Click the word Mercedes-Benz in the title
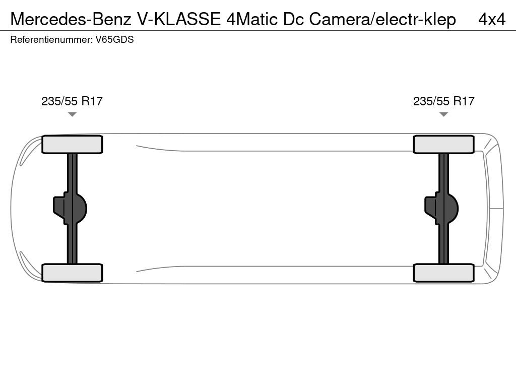tap(71, 20)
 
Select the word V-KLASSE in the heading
tap(179, 20)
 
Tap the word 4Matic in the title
tap(252, 20)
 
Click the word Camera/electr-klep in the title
tap(382, 20)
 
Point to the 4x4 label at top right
tap(492, 20)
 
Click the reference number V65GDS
tap(114, 40)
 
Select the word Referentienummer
tap(51, 40)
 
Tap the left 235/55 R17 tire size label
tap(72, 101)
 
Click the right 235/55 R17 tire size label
tap(443, 101)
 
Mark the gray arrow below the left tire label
tap(72, 114)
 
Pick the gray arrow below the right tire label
tap(443, 114)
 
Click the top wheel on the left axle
tap(72, 145)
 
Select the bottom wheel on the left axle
tap(72, 273)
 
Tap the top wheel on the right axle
tap(443, 145)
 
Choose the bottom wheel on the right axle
tap(443, 273)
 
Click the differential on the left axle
tap(70, 209)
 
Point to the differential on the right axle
tap(441, 209)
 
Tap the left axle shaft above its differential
tap(72, 173)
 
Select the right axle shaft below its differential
tap(443, 244)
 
